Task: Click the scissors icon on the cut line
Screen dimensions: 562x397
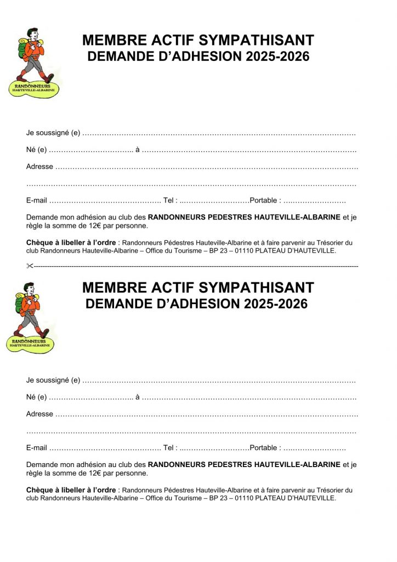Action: [30, 266]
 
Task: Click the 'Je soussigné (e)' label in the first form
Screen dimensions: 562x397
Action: [53, 133]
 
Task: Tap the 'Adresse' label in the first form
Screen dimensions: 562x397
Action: [39, 167]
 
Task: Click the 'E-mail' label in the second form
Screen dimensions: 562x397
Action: [36, 448]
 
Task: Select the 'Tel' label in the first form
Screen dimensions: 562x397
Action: [169, 201]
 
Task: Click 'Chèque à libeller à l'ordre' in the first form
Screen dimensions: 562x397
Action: [71, 243]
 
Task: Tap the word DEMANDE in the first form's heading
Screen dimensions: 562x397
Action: [118, 57]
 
